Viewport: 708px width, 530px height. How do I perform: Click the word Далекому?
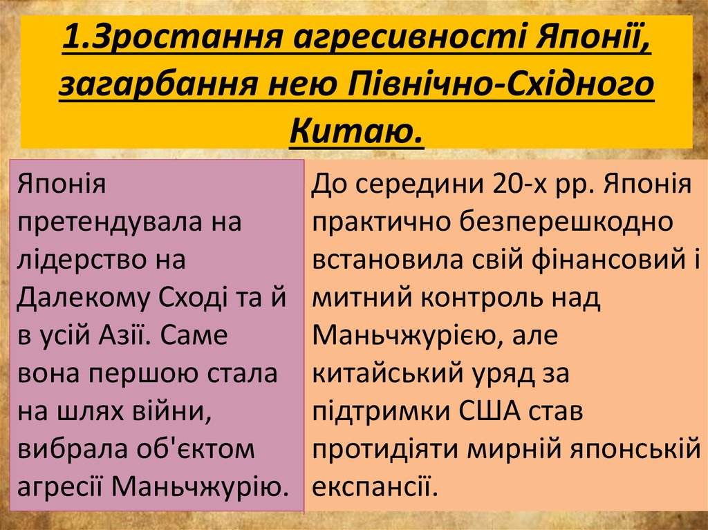click(x=84, y=299)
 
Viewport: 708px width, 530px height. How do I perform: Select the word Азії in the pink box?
click(x=118, y=337)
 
